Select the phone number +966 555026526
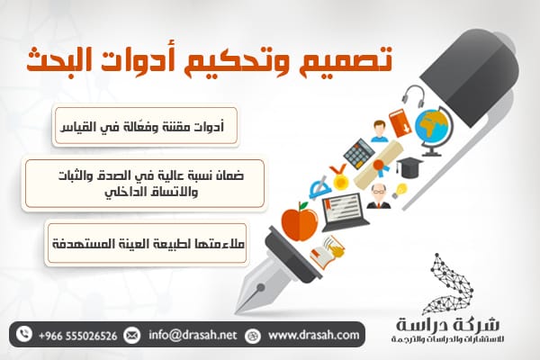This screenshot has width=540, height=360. [77, 336]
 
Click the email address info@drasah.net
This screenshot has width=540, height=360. [193, 335]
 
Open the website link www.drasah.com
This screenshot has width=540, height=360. [313, 335]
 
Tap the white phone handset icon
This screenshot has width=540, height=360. [23, 335]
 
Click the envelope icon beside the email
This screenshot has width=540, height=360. [132, 335]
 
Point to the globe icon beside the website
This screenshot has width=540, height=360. [253, 336]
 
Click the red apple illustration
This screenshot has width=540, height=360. [300, 222]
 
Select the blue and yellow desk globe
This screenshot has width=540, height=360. [433, 130]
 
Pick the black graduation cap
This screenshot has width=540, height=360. [409, 167]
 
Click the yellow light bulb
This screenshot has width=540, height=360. [400, 191]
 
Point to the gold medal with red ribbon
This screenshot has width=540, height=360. [338, 177]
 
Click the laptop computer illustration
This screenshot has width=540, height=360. [344, 211]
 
